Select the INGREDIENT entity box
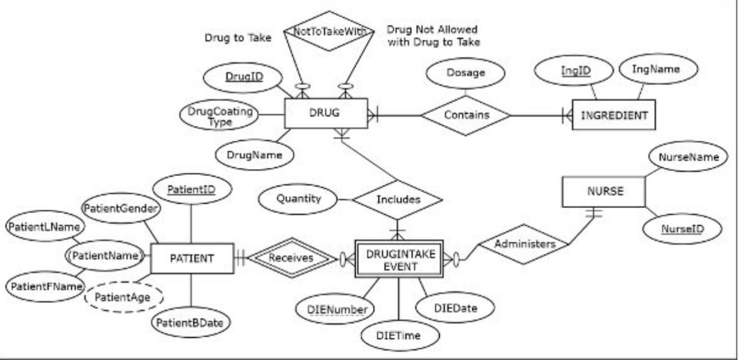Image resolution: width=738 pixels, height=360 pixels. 614,116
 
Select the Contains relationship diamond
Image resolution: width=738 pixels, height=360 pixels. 466,115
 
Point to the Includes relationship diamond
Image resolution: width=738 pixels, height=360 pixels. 398,199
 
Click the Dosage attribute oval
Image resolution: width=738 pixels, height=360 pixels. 465,72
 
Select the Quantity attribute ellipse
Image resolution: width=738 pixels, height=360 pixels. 299,199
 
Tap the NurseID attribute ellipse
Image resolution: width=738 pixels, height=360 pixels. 682,229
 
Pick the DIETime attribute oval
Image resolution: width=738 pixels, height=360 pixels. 398,336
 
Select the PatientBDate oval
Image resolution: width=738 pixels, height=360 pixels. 191,322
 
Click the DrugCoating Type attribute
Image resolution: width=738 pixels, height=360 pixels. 220,116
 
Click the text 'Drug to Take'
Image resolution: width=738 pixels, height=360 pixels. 238,38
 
